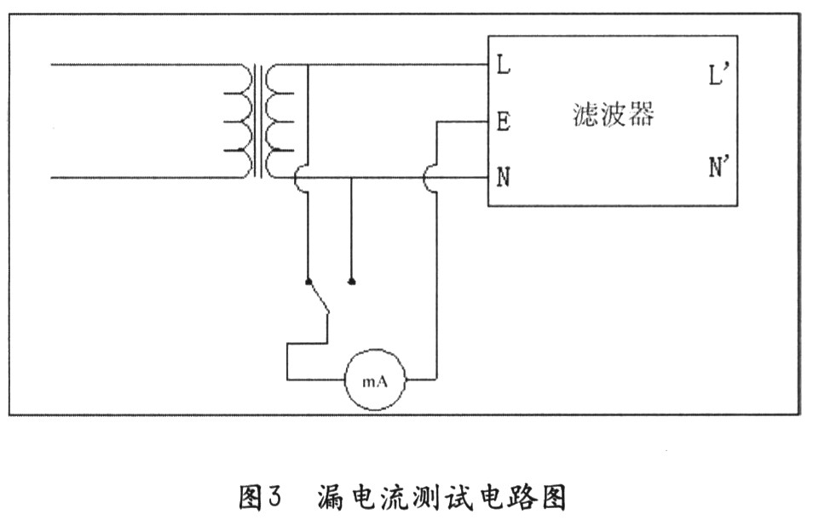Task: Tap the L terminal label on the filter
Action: [x=503, y=65]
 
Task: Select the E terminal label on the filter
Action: [x=503, y=123]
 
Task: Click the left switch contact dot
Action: [x=308, y=280]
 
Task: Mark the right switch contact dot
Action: [x=352, y=280]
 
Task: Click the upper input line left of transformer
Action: [x=136, y=64]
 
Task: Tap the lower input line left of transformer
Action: [x=136, y=178]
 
